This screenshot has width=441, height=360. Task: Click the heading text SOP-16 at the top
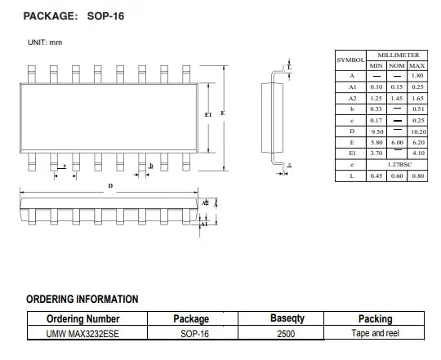tap(105, 16)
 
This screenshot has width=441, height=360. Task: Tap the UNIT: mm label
tap(45, 42)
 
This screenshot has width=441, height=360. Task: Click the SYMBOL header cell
tap(350, 60)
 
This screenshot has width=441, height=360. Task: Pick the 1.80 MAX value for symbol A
tap(417, 76)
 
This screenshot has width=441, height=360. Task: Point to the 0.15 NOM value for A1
tap(397, 87)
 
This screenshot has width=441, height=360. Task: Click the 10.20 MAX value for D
tap(418, 131)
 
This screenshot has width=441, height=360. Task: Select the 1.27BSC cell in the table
tap(399, 165)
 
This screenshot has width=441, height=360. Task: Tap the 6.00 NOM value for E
tap(397, 143)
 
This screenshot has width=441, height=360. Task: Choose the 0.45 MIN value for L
tap(376, 176)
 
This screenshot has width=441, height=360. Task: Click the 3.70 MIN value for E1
tap(376, 153)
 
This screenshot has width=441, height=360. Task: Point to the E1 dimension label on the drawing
tap(208, 114)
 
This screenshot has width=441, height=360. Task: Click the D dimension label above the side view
tap(110, 186)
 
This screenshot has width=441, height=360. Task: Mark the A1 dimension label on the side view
tap(204, 224)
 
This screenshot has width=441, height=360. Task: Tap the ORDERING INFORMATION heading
tap(82, 299)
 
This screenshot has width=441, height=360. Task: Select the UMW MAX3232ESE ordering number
tap(82, 334)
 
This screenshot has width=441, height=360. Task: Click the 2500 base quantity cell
tap(286, 334)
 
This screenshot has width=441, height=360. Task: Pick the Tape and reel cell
tap(375, 333)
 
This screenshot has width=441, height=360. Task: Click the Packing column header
tap(375, 318)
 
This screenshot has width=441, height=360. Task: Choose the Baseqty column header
tap(287, 318)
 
